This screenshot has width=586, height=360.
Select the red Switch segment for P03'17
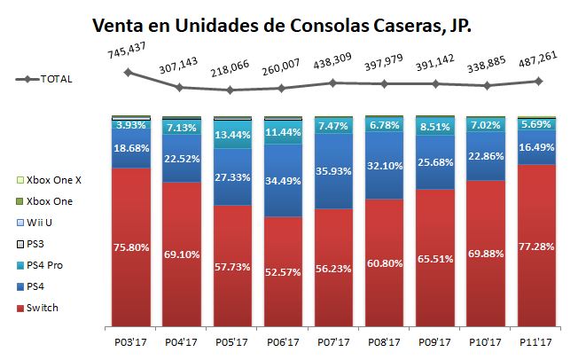pyautogui.click(x=129, y=247)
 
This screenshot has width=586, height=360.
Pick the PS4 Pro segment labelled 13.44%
pyautogui.click(x=231, y=135)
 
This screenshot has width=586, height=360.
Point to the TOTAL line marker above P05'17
pyautogui.click(x=230, y=90)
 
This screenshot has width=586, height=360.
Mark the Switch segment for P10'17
pyautogui.click(x=487, y=254)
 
